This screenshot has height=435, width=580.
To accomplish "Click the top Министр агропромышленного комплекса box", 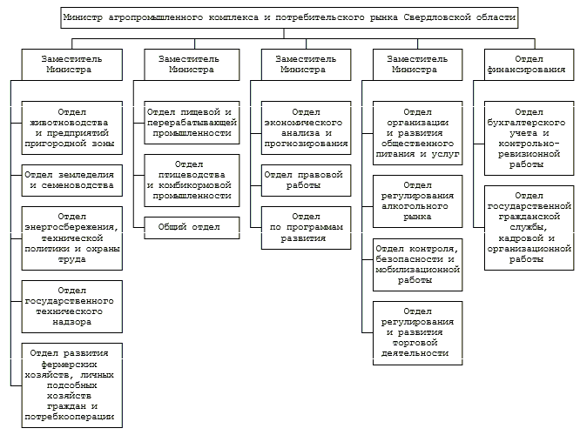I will (290, 17).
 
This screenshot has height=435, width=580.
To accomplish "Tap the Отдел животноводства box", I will (71, 128).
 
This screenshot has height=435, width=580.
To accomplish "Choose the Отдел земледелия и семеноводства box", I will (71, 179).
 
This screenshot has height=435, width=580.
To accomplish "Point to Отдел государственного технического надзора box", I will (71, 304).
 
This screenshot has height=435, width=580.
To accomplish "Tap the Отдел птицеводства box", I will (190, 179).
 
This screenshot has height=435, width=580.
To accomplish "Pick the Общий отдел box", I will (190, 227).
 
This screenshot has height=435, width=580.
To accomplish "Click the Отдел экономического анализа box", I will (305, 128).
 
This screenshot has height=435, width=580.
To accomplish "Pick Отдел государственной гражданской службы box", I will (529, 228).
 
